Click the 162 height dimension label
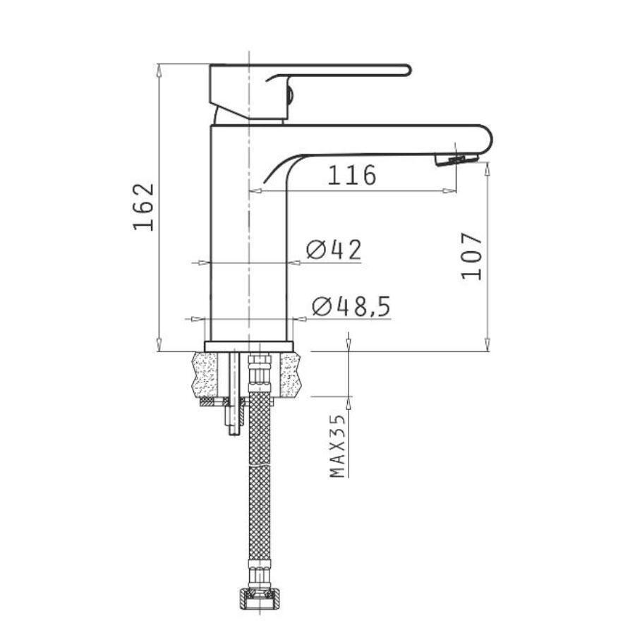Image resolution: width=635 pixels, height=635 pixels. [x=144, y=207]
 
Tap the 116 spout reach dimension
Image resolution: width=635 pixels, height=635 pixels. [x=351, y=175]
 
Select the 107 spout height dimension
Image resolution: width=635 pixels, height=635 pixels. [x=472, y=256]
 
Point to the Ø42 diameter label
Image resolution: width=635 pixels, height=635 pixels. [x=333, y=250]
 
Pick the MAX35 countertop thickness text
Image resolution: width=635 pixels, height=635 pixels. [x=337, y=446]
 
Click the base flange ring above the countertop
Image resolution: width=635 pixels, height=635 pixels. [x=248, y=346]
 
